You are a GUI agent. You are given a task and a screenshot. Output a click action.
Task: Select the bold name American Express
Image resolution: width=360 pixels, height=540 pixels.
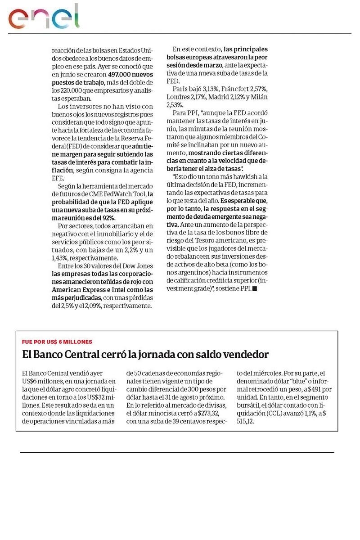(x=73, y=290)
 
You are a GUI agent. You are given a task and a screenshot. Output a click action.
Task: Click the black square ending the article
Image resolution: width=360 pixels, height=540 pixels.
(x=255, y=289)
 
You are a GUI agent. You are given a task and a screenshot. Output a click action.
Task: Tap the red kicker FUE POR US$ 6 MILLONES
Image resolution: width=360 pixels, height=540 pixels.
(x=57, y=342)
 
